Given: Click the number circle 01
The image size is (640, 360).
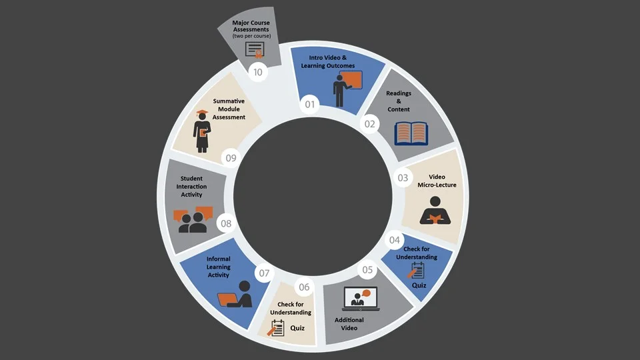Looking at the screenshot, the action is click(309, 104).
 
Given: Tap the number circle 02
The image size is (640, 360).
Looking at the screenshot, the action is click(369, 123).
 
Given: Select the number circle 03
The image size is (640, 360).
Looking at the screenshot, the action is click(403, 178).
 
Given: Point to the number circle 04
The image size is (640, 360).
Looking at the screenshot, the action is click(395, 240).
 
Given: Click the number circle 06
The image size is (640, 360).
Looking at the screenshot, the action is click(304, 287).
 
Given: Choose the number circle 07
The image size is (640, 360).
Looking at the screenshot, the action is click(264, 273).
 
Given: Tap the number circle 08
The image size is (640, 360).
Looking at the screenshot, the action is click(226, 223).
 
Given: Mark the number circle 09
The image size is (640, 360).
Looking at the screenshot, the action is click(231, 158).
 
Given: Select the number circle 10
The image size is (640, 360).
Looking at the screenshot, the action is click(258, 72).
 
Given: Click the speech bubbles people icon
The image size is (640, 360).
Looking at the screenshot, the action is click(192, 221).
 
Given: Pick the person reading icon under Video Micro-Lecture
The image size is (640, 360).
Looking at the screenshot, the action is click(435, 211).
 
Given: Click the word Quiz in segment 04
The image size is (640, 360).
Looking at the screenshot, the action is click(419, 285).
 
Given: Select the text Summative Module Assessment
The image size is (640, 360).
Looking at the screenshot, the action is click(229, 109).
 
